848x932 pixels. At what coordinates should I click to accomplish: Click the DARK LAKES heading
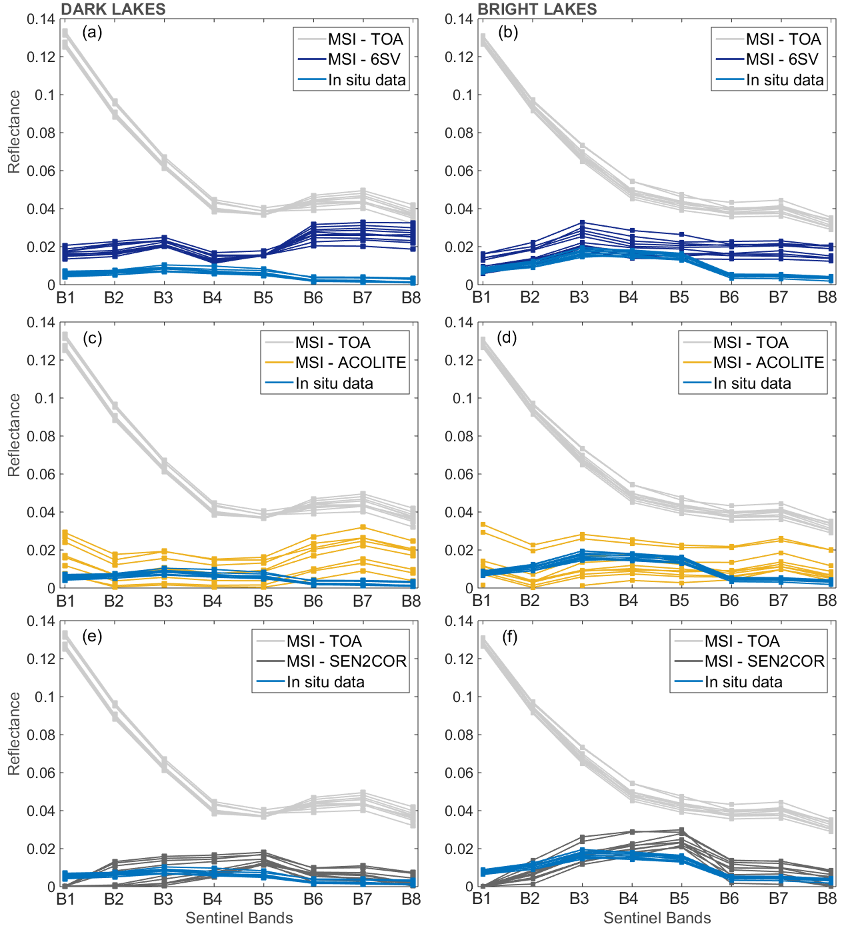[113, 9]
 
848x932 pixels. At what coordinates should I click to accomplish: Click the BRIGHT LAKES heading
[537, 9]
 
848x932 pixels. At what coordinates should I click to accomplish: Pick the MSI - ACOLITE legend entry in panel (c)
[351, 363]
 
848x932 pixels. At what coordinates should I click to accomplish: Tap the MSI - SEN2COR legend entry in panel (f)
[765, 661]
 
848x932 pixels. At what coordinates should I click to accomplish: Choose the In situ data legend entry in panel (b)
[785, 80]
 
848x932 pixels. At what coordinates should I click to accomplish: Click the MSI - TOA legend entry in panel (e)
[324, 641]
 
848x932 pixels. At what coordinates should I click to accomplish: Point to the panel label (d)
[507, 337]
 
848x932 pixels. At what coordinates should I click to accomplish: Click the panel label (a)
[92, 32]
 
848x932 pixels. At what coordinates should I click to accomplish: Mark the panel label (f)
[509, 637]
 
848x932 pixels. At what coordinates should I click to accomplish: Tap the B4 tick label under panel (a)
[212, 298]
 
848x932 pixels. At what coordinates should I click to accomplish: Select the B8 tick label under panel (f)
[827, 899]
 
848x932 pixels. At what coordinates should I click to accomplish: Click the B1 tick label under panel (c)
[65, 601]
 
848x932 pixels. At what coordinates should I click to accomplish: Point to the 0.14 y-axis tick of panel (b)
[459, 19]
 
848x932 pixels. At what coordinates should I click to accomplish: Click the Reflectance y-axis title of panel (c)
[14, 435]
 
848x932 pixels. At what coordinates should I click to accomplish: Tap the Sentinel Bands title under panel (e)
[239, 918]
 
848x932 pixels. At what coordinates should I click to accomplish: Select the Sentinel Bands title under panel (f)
[657, 918]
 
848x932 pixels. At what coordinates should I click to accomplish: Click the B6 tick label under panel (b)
[729, 298]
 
